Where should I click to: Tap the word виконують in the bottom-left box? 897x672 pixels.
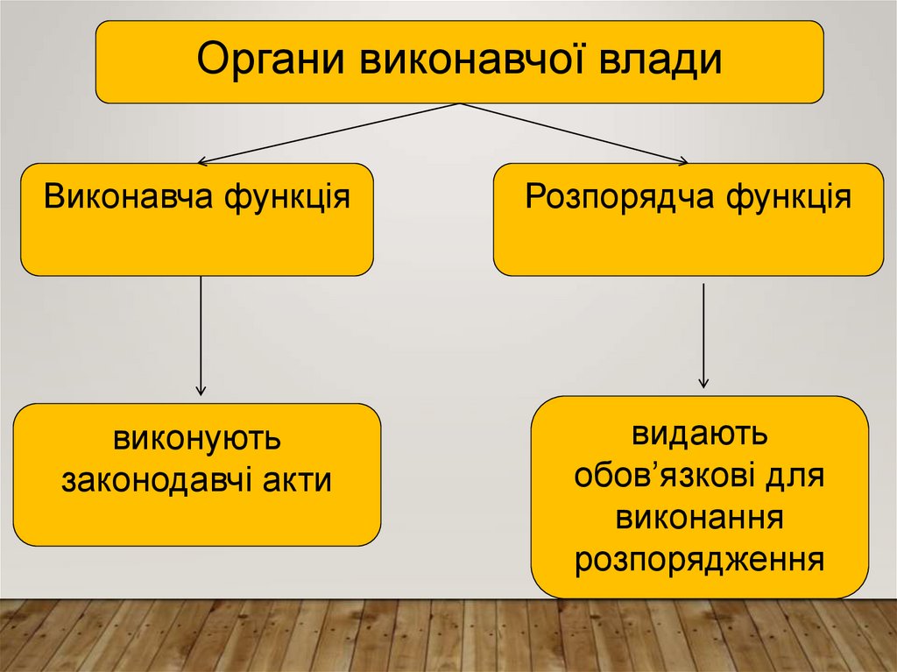pyautogui.click(x=196, y=438)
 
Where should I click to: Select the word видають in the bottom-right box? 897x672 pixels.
pyautogui.click(x=700, y=434)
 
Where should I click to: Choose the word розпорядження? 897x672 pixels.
pyautogui.click(x=700, y=559)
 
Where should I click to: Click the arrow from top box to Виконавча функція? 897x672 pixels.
pyautogui.click(x=328, y=133)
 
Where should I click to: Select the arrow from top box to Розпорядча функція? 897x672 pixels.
pyautogui.click(x=574, y=133)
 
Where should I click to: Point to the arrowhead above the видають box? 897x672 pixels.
pyautogui.click(x=703, y=383)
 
